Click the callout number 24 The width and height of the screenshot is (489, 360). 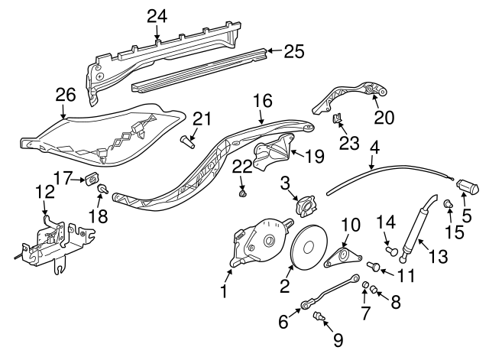156,15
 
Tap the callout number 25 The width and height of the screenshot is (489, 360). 293,51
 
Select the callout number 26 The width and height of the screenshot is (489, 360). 66,95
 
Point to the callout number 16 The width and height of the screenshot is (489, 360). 262,100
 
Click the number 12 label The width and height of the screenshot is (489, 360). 44,192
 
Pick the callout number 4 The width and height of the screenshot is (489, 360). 374,145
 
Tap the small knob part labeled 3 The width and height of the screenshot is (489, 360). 307,206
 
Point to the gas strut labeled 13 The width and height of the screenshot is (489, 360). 419,226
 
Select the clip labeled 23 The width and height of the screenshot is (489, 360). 335,118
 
